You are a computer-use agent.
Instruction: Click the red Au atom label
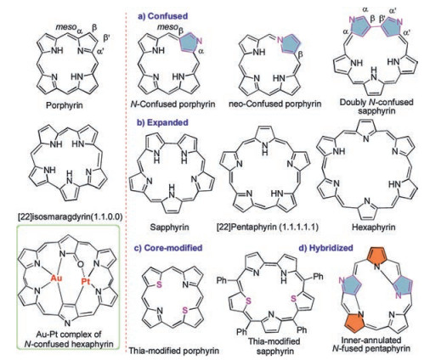tap(56, 278)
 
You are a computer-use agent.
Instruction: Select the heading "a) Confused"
tap(162, 16)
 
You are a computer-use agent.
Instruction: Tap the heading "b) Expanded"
tap(163, 122)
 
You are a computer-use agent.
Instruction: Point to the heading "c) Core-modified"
tap(169, 248)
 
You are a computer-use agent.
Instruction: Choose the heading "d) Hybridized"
tap(326, 248)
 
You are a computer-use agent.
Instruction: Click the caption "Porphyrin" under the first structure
tap(65, 105)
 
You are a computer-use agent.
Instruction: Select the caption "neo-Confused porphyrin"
tap(275, 104)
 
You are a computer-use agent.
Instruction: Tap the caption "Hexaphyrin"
tap(373, 227)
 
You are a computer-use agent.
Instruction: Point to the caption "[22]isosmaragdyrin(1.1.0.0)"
tap(71, 217)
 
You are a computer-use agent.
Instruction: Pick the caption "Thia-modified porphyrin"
tap(174, 351)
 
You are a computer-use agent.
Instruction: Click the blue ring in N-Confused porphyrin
tap(190, 42)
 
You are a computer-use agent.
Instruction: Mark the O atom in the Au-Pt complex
tap(80, 265)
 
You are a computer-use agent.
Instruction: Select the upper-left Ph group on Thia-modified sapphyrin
tap(223, 280)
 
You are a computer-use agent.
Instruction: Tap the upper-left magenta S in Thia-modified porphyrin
tap(159, 284)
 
